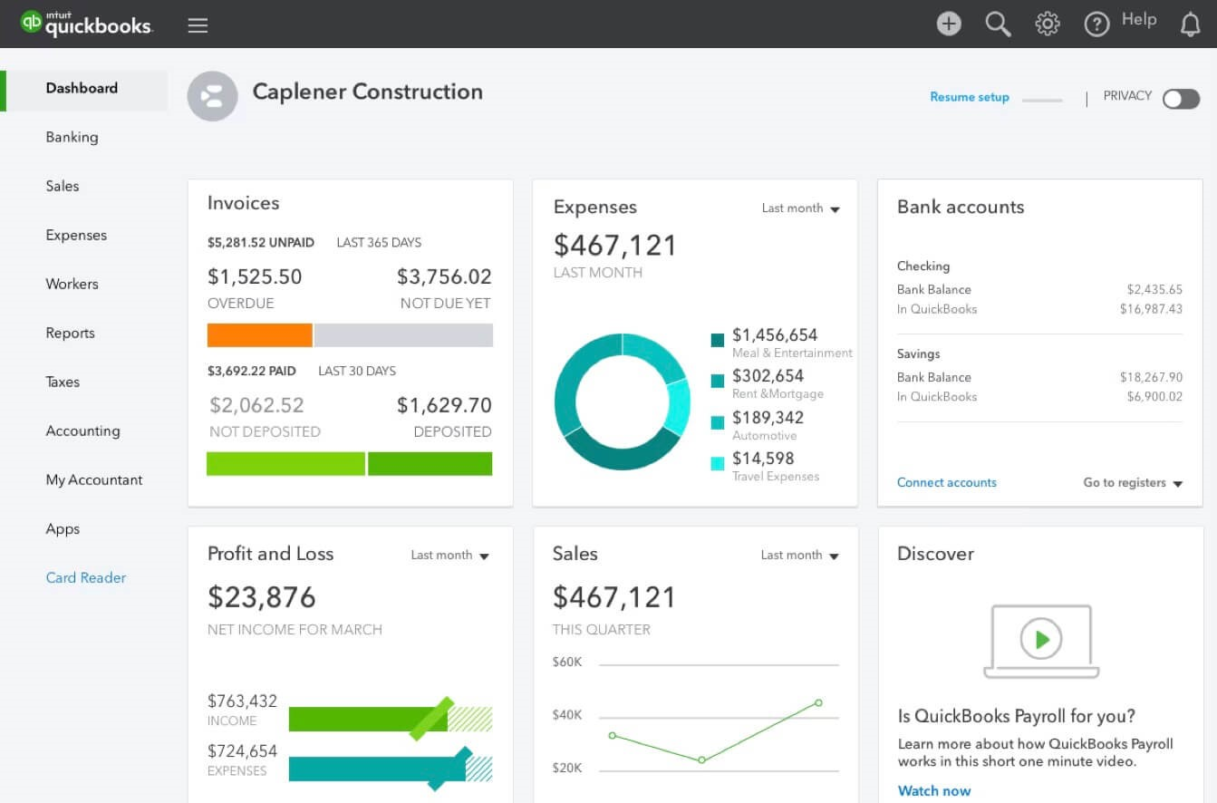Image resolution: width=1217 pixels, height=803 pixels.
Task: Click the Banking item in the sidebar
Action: tap(72, 137)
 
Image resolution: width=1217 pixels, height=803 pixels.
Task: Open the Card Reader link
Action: tap(86, 577)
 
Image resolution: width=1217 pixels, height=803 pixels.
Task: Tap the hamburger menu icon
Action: tap(198, 25)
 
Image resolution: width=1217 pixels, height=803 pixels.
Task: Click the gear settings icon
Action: tap(1048, 24)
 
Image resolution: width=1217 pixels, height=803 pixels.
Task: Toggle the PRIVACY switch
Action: tap(1181, 99)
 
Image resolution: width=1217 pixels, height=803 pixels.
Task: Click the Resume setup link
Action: tap(969, 97)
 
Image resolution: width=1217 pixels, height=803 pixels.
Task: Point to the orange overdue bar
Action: tap(259, 335)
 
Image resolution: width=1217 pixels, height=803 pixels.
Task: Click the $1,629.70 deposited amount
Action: tap(444, 405)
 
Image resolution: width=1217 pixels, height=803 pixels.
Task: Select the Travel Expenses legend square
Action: tap(718, 463)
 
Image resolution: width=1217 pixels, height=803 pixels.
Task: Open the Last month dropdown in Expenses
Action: tap(800, 208)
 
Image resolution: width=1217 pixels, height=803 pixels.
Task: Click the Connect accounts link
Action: tap(946, 482)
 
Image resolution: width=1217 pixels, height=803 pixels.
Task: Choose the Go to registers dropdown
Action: tap(1133, 482)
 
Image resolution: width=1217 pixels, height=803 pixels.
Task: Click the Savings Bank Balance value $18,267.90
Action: tap(1151, 377)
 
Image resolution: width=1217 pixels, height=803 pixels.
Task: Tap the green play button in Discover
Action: tap(1041, 639)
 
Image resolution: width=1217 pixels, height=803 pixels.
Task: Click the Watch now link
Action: tap(933, 790)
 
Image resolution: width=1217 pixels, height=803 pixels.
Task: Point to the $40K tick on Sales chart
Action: tap(567, 715)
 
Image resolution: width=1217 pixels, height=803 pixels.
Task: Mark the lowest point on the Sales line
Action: tap(701, 759)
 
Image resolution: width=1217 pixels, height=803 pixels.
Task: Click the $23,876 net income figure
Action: tap(262, 597)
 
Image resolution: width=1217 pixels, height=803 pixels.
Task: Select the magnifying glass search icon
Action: tap(998, 24)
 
